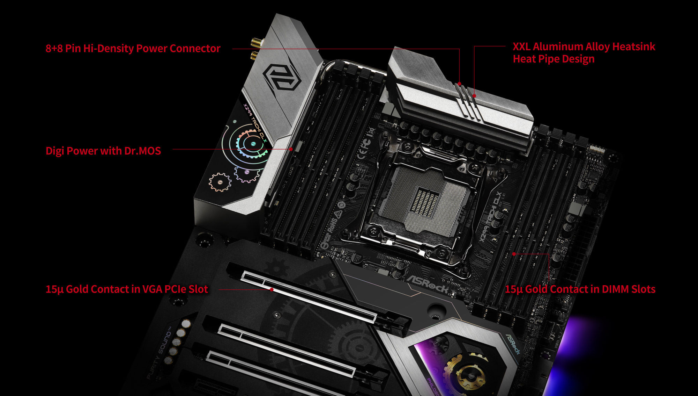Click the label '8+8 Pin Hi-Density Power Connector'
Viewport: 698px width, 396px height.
133,49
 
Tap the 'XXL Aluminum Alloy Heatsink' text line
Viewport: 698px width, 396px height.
584,46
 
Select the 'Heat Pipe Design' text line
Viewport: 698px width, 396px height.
553,59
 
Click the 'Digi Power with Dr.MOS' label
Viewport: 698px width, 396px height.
103,151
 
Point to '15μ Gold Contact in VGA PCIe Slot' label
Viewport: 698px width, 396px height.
127,289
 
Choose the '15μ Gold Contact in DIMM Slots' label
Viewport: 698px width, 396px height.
580,289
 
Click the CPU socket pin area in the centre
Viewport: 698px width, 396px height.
424,201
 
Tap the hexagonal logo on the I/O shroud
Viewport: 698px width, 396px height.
282,77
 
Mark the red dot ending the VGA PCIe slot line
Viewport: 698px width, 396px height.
272,289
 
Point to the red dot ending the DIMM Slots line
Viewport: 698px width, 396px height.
514,254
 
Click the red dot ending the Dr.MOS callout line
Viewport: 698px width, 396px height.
291,149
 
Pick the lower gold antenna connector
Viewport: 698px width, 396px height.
254,55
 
